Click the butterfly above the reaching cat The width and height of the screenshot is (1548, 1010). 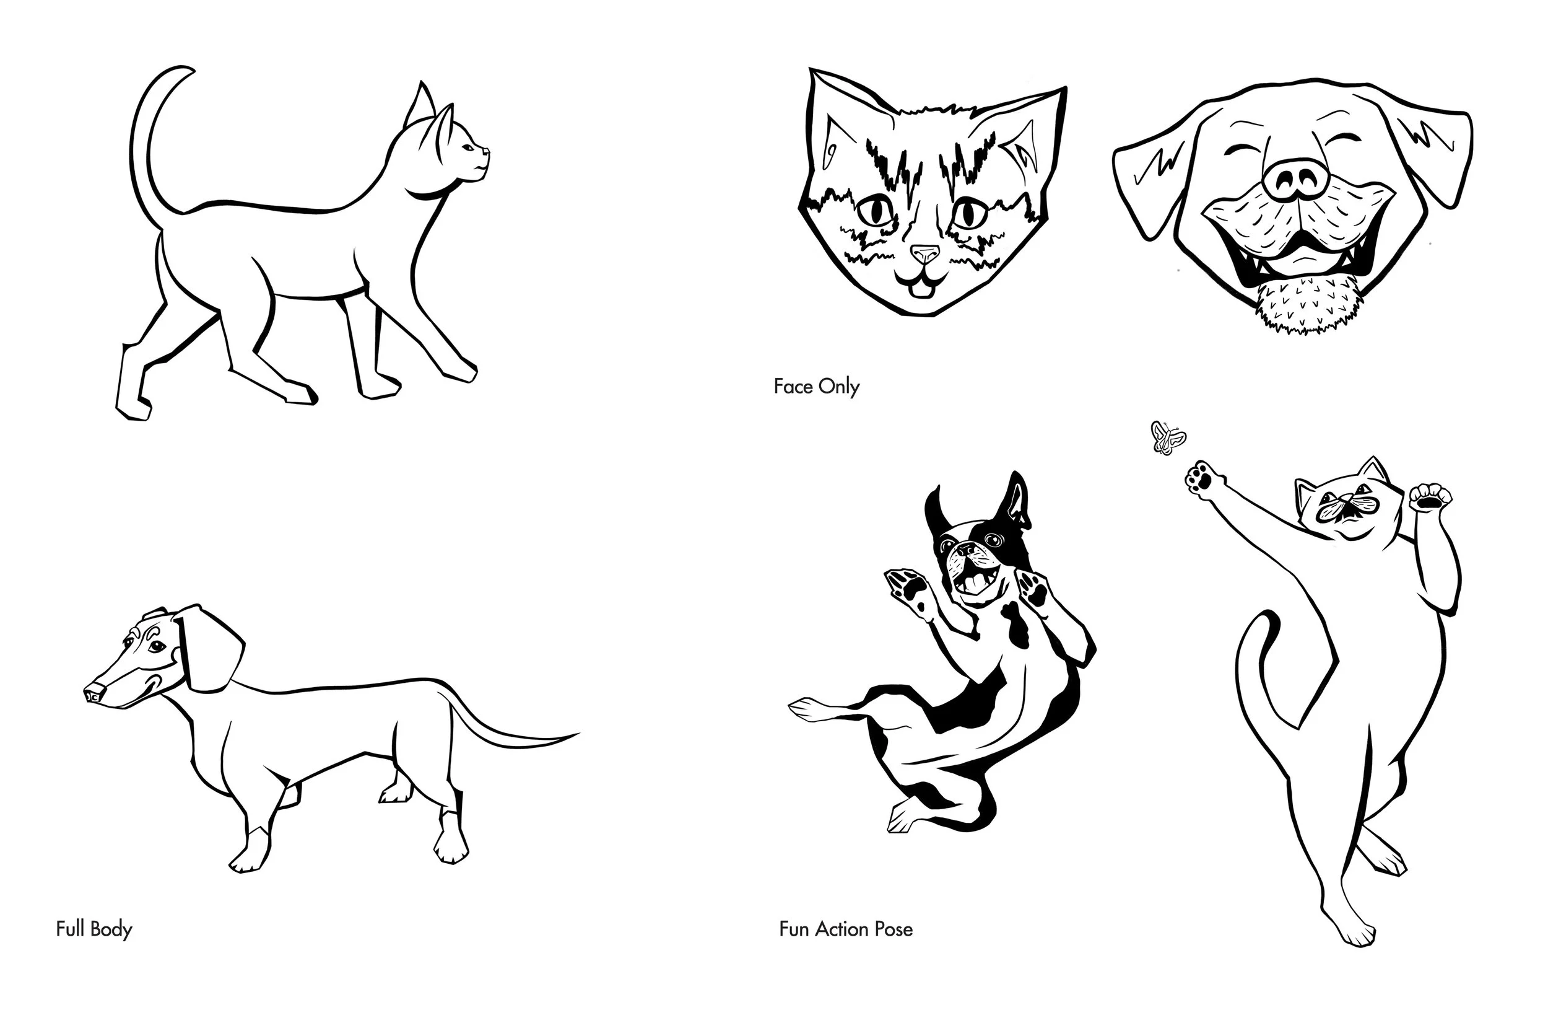click(x=1168, y=439)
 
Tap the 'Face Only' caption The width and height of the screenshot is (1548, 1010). click(x=816, y=387)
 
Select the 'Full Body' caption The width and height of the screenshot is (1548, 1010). click(x=94, y=929)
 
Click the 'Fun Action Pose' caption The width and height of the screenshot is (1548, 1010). click(x=846, y=929)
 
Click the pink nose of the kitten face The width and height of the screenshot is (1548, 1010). click(x=924, y=253)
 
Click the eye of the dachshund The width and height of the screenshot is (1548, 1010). click(x=155, y=647)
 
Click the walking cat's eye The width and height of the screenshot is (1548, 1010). click(x=468, y=148)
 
